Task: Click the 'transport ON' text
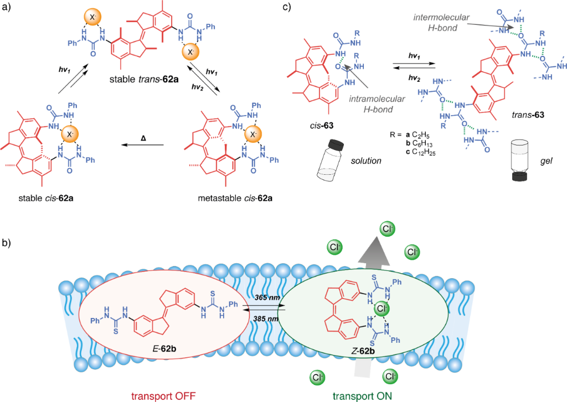click(363, 394)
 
